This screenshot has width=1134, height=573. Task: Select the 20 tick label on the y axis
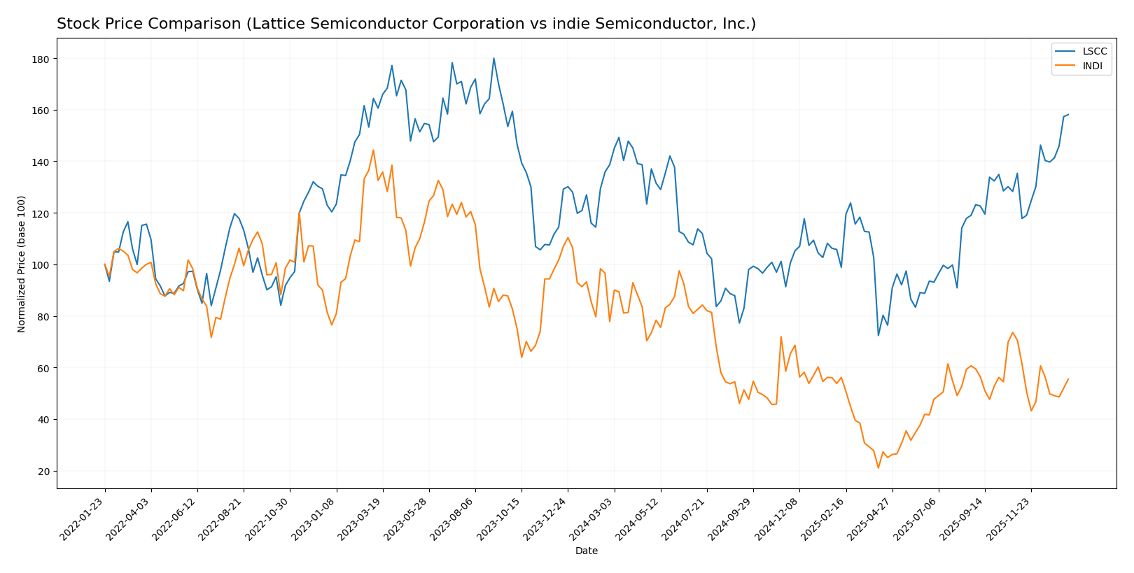[43, 472]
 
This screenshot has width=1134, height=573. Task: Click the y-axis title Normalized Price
[22, 264]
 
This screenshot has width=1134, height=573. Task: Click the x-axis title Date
[586, 551]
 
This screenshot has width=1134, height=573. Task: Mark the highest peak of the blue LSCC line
[493, 58]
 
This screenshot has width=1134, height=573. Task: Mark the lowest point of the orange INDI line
[878, 468]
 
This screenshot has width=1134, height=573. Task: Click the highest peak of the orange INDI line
[373, 150]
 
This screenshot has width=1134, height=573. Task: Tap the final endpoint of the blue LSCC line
[1068, 115]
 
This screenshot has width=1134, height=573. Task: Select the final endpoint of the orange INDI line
[1068, 379]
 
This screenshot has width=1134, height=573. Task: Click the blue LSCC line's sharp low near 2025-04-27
[878, 335]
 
